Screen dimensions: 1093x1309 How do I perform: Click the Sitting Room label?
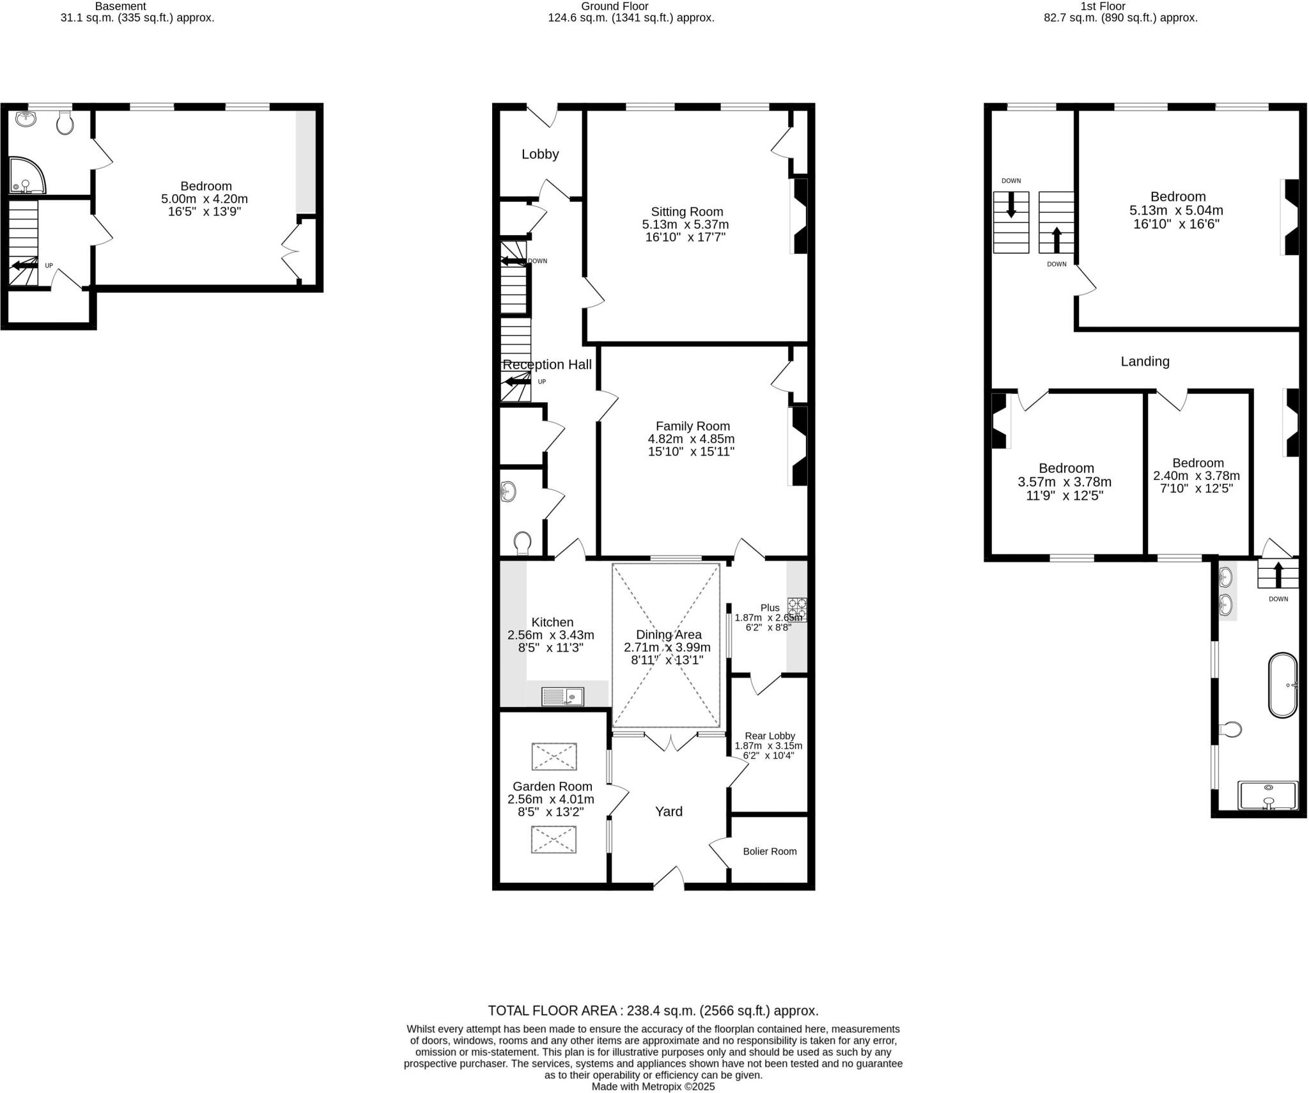coord(686,212)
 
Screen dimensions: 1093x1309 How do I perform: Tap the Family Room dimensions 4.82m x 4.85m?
coord(691,439)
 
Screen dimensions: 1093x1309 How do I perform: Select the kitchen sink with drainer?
coord(562,696)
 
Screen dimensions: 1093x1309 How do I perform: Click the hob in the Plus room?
coord(797,609)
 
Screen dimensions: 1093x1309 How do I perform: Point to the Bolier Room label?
coord(770,851)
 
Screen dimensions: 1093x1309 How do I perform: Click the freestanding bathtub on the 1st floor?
coord(1282,685)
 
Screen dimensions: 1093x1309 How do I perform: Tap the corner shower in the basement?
coord(27,175)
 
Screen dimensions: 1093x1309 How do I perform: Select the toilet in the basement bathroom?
coord(65,123)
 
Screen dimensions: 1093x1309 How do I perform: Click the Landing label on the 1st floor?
coord(1145,362)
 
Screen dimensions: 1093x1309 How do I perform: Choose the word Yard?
coord(669,812)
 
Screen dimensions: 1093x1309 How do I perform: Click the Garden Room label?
coord(552,787)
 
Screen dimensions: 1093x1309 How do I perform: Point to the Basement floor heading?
coord(120,6)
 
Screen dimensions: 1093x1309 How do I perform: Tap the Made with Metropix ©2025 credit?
coord(653,1087)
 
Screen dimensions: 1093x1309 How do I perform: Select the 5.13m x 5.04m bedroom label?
coord(1177,210)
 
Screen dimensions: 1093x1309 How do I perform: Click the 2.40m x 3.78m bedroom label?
coord(1197,476)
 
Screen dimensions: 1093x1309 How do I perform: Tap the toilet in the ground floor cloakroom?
coord(522,543)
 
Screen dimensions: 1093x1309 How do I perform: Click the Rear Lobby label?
coord(769,736)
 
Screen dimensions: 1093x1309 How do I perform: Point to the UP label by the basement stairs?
coord(49,266)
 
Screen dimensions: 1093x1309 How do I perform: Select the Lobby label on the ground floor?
coord(540,154)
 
